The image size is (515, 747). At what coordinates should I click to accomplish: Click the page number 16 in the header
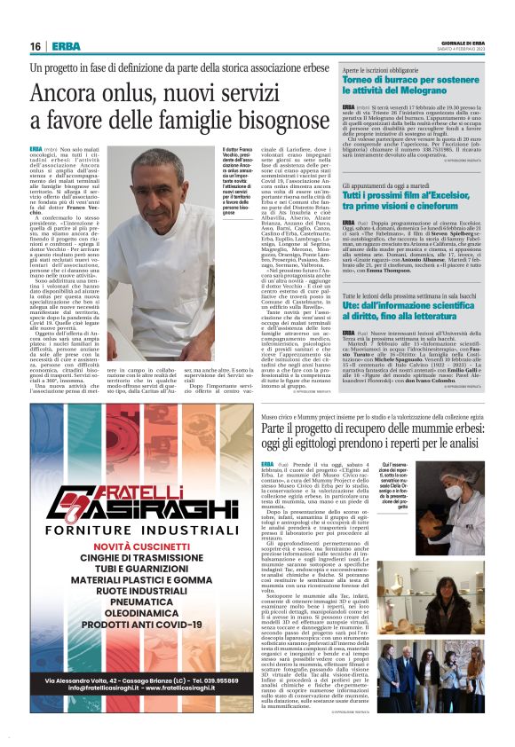click(x=35, y=46)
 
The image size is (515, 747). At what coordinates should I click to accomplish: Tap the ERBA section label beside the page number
click(x=66, y=46)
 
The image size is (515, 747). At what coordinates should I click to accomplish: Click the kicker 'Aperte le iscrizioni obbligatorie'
click(x=384, y=69)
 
